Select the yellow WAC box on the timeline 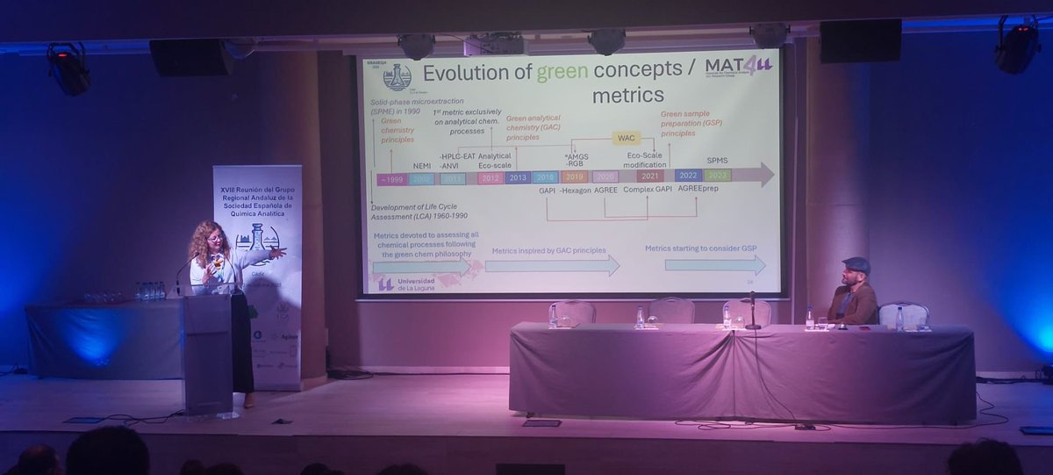pos(626,139)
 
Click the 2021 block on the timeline pos(649,176)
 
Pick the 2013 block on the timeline pos(517,177)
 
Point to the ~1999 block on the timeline pos(390,179)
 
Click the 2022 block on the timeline pos(687,175)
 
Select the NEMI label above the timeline pos(422,166)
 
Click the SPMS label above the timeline pos(717,161)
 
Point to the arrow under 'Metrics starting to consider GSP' pos(714,264)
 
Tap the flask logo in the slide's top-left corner pos(397,77)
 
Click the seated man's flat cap pos(856,263)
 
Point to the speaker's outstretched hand pos(278,253)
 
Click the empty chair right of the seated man pos(903,313)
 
